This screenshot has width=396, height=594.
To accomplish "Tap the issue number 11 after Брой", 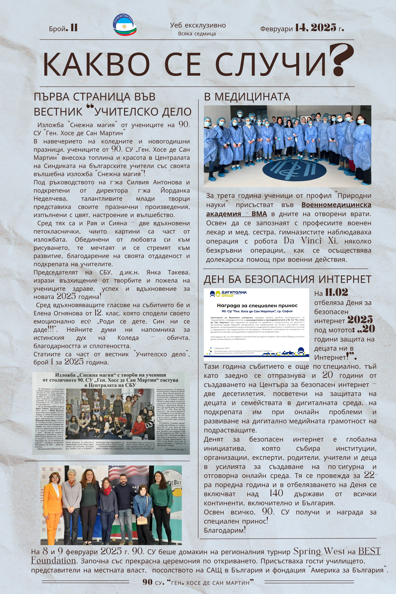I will (74, 28).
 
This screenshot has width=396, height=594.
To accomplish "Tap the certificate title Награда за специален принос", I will (257, 305).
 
